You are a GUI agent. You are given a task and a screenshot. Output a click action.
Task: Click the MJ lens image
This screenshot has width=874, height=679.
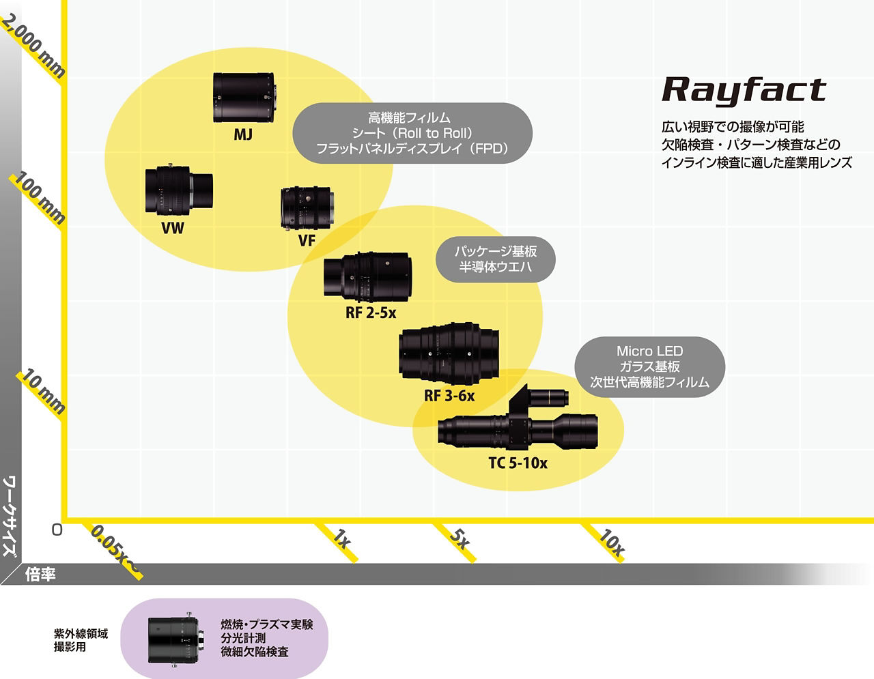point(244,98)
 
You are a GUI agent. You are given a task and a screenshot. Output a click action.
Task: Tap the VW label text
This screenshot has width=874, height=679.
point(173,228)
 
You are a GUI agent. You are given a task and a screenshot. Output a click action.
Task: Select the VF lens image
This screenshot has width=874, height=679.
point(307,208)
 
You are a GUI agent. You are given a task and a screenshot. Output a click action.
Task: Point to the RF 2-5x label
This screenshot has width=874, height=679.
point(371,313)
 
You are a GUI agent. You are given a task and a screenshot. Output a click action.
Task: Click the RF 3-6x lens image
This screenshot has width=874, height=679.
point(449,353)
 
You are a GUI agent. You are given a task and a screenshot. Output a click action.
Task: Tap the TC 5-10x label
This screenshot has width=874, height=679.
point(518,463)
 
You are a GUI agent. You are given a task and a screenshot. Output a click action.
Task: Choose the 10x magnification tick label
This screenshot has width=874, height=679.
point(610,542)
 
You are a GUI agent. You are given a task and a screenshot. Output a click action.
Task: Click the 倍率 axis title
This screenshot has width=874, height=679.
point(40,575)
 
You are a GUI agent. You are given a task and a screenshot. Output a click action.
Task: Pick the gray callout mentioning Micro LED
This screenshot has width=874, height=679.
point(649,366)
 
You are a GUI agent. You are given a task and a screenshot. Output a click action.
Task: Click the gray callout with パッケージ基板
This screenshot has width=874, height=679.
point(496,259)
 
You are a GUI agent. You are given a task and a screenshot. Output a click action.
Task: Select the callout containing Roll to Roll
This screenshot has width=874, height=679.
point(412,133)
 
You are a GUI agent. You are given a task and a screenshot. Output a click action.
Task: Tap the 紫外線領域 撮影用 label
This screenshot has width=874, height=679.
point(81,640)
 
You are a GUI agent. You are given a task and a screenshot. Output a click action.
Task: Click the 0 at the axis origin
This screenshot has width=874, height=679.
point(57,530)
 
